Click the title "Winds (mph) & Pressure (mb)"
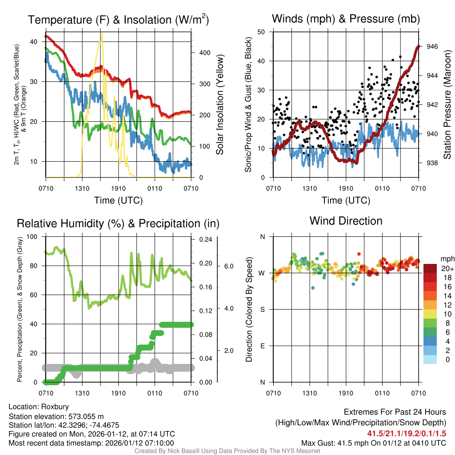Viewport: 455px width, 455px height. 346,19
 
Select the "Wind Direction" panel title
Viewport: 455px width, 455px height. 346,221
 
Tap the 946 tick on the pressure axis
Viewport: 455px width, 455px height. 432,46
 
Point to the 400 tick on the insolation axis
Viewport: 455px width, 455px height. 199,53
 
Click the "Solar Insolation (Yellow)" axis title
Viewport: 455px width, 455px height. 220,105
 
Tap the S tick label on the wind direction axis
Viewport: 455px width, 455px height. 263,309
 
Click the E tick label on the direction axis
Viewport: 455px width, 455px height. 263,346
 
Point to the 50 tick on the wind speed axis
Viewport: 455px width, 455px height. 261,32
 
